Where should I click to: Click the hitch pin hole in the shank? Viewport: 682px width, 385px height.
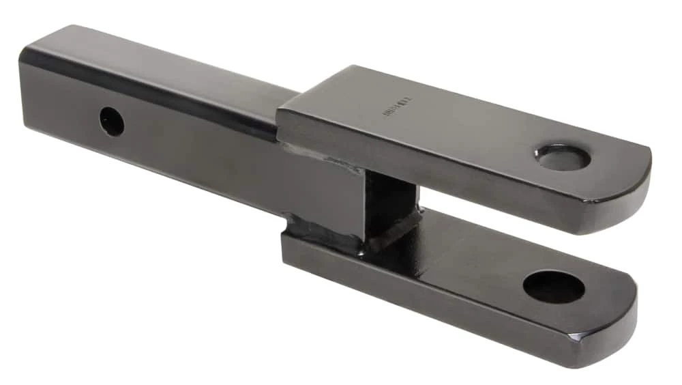click(112, 122)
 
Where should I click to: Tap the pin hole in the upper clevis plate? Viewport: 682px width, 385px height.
click(563, 157)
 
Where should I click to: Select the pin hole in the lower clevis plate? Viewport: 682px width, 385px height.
click(554, 287)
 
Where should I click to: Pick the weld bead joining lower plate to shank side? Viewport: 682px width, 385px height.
click(321, 236)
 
